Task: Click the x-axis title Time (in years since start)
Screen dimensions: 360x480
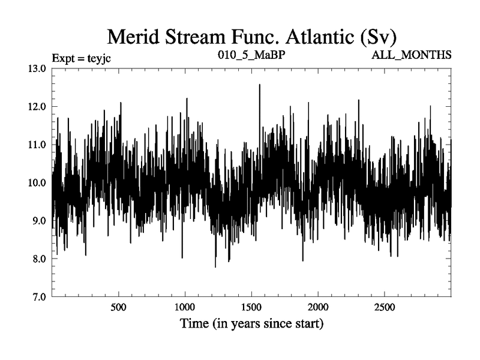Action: [x=252, y=325]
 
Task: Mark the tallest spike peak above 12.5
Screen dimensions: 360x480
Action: [x=259, y=85]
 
